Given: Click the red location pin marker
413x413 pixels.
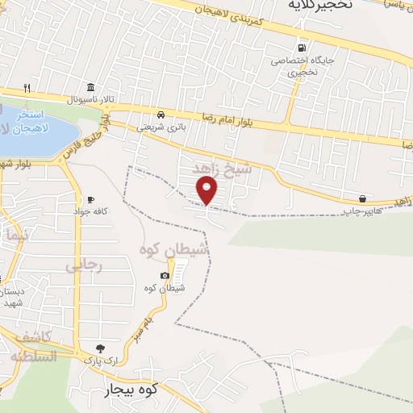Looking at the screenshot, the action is point(207,191).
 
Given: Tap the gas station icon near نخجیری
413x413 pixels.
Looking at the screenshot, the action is point(302,48).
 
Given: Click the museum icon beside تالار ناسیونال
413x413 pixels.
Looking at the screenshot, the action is point(89,87).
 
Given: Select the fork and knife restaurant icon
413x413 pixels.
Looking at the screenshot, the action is point(27,87).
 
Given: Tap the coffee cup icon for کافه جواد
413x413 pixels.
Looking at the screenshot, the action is point(90,199).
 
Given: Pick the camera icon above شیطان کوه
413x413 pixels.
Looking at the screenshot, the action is point(165,276).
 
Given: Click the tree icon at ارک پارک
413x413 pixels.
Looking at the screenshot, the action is point(100,347).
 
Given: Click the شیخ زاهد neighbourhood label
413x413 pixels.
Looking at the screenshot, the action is point(223,169).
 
